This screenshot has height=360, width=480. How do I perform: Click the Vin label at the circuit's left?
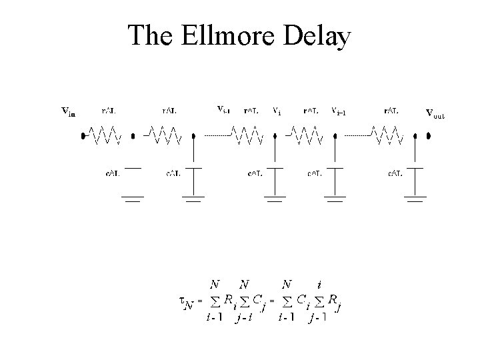(68, 111)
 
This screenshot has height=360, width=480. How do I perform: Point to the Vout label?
(435, 113)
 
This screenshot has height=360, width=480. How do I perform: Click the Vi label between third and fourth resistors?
(277, 111)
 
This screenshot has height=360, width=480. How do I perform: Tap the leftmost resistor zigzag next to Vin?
(104, 136)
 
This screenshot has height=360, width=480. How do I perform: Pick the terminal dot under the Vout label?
(429, 136)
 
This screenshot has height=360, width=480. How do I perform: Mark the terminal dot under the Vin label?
(83, 137)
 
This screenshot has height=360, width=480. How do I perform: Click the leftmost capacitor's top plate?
(133, 168)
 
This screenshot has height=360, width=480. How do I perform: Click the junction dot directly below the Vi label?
(275, 137)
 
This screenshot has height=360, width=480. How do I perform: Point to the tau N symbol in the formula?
(188, 304)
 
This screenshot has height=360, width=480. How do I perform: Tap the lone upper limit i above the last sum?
(319, 284)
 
